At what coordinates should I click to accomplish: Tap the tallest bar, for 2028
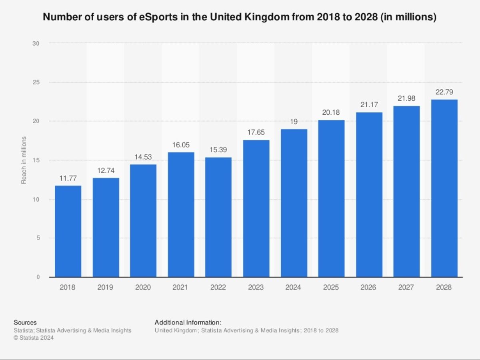(444, 188)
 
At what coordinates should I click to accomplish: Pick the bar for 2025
(331, 198)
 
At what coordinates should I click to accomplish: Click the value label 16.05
(181, 145)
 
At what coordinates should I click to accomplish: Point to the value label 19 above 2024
(294, 122)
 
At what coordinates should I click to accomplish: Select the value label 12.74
(106, 171)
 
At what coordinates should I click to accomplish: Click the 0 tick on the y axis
(38, 277)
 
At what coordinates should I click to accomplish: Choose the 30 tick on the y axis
(36, 43)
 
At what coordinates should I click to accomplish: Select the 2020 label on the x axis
(143, 288)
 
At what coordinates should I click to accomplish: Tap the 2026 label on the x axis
(369, 288)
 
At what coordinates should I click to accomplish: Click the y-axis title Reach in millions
(24, 160)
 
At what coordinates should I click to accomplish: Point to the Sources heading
(25, 322)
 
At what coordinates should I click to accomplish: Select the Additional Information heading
(188, 322)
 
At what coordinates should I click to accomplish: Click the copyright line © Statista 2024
(34, 338)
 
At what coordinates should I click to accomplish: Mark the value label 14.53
(143, 157)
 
